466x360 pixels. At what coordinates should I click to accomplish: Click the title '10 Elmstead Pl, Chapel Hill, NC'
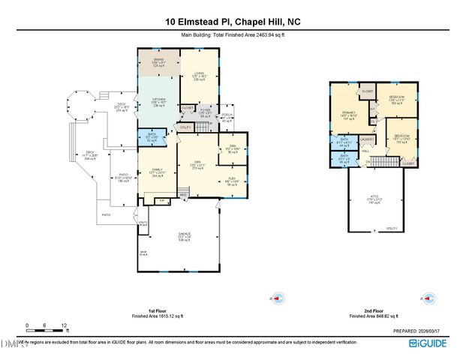233,22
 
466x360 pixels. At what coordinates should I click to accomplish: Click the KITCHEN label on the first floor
158,100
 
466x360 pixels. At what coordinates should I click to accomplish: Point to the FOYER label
205,112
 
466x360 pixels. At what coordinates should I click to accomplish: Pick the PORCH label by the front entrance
227,115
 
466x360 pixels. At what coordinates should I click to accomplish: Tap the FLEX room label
232,179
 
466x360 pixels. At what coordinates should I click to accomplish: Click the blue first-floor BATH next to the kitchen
152,136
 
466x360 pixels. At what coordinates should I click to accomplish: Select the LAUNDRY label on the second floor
368,139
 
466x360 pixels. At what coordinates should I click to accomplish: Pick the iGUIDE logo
428,343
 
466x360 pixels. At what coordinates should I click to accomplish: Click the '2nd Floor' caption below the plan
369,312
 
